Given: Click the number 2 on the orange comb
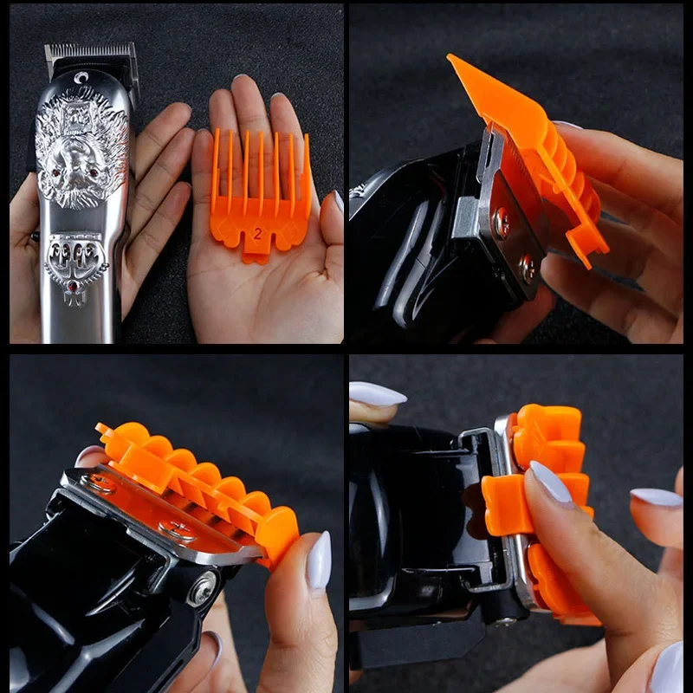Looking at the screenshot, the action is [257, 233].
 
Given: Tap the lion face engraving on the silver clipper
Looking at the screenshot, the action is [81, 148].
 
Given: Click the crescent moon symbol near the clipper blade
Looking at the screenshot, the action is [81, 78].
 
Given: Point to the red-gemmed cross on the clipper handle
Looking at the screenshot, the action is [74, 292].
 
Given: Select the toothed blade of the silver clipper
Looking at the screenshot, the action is [91, 51].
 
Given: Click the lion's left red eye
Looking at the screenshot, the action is [56, 172].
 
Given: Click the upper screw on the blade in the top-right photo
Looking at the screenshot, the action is [502, 223].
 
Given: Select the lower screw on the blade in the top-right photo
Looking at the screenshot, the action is [528, 269].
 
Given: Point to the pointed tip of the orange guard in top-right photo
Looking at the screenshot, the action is [449, 56].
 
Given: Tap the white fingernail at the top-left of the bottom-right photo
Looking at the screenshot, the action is [377, 394].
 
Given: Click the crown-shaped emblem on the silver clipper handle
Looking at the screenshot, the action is [76, 257].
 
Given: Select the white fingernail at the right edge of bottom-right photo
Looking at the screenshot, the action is [657, 497].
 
